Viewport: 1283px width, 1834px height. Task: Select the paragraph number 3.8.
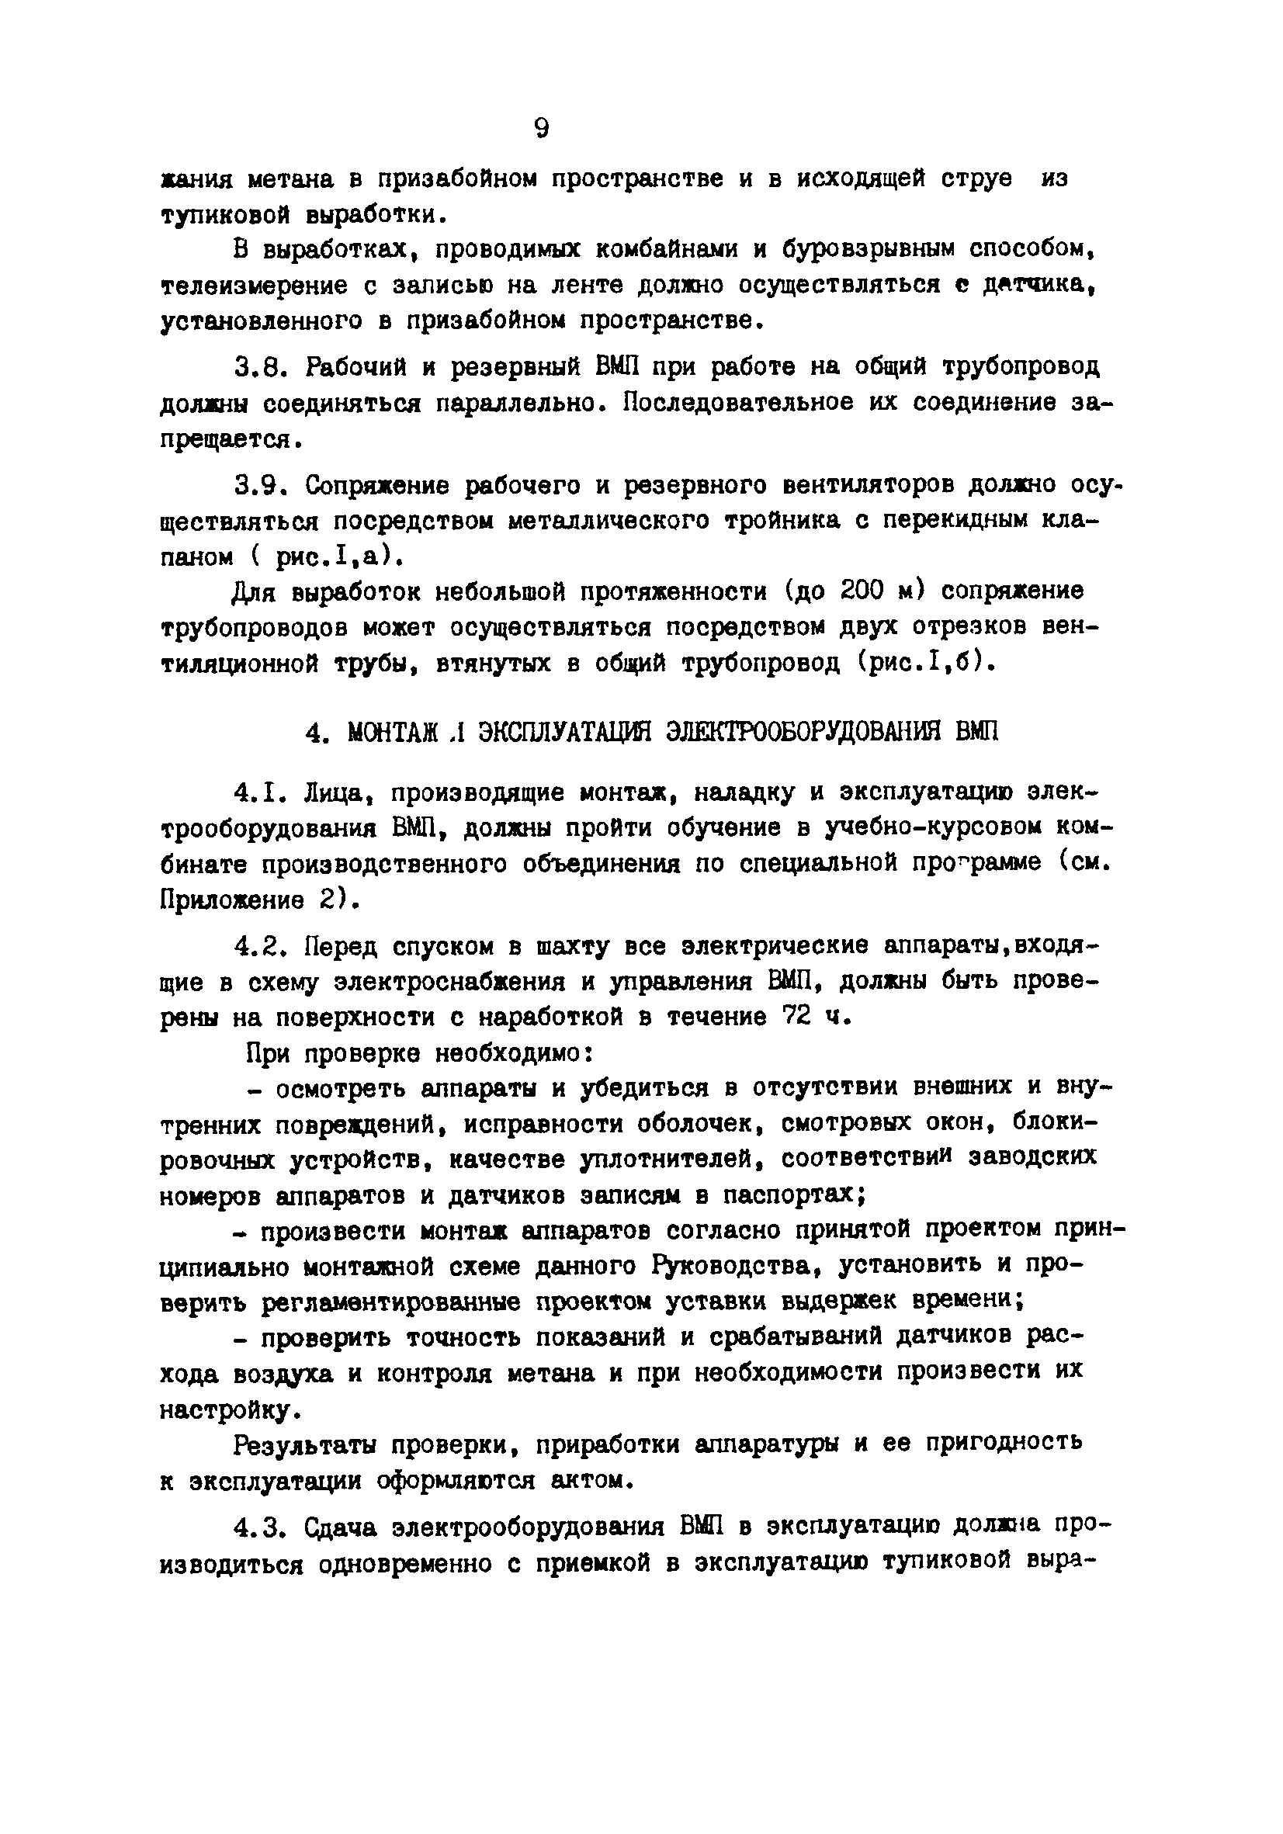click(258, 367)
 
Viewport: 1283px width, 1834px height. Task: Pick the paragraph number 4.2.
click(258, 947)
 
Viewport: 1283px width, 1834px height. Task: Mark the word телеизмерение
click(254, 286)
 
